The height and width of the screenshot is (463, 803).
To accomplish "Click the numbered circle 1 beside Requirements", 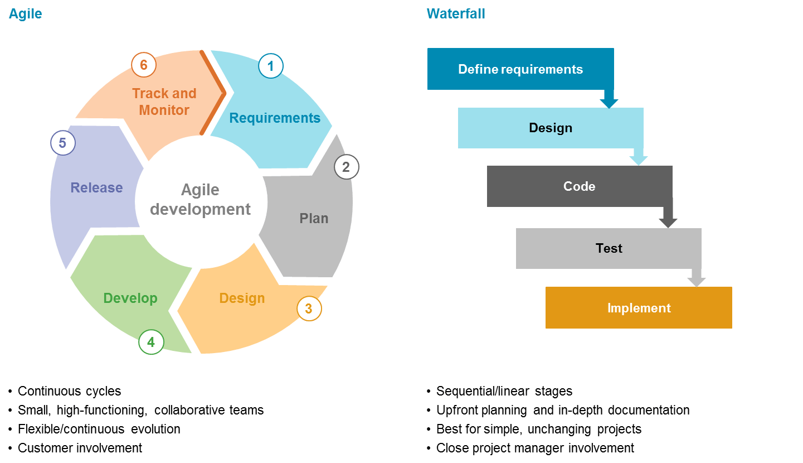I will coord(271,66).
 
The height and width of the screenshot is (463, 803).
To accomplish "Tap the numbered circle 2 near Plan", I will coord(346,167).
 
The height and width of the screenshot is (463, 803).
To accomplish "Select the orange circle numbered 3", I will coord(309,308).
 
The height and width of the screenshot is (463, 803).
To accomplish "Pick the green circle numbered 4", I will coord(151,341).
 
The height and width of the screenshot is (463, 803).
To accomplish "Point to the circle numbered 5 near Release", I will coord(63,143).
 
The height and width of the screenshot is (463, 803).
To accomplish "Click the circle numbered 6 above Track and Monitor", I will coord(144,65).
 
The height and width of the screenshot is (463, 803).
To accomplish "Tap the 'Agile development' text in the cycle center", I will coord(200,200).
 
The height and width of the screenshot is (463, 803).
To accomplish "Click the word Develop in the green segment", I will coord(130,298).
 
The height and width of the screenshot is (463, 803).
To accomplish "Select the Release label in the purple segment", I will coord(96,188).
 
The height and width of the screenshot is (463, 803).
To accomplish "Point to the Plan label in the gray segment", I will coord(314,219).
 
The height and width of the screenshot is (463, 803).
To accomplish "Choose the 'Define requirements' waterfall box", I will coord(520,69).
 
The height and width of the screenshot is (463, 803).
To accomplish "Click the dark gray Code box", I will coord(579,186).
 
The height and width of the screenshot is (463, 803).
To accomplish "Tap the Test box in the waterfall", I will coord(609,248).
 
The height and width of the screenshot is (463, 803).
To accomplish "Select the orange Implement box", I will coord(639,308).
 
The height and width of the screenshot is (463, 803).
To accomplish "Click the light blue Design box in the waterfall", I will coord(550,128).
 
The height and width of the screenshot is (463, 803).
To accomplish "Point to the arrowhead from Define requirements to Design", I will coord(609,103).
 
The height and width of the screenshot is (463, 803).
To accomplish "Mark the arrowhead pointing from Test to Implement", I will coord(697,282).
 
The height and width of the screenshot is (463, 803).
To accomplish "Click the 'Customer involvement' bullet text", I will coord(80,448).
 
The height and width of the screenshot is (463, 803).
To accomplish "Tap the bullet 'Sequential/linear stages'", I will coord(504,391).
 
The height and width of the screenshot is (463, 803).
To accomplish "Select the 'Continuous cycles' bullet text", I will coord(69,391).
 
